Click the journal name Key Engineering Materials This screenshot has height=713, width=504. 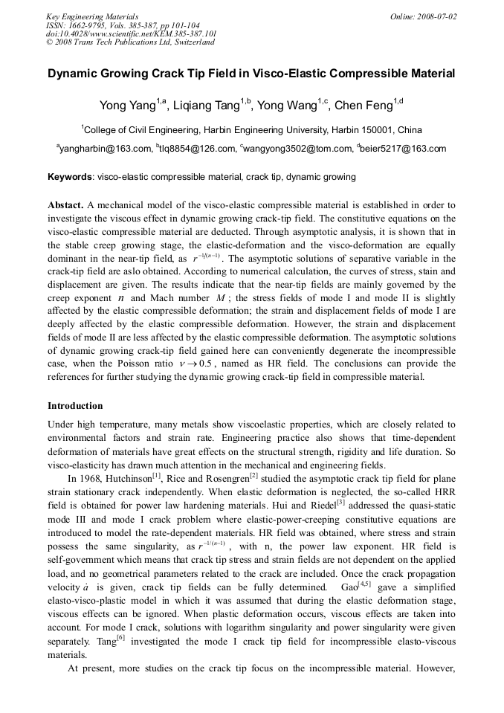pyautogui.click(x=92, y=16)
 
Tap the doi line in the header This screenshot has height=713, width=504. pyautogui.click(x=131, y=33)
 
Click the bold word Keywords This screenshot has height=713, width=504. pyautogui.click(x=70, y=178)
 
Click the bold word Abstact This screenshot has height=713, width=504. pyautogui.click(x=65, y=204)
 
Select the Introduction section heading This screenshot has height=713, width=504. pyautogui.click(x=75, y=406)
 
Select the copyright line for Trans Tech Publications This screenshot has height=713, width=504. pyautogui.click(x=130, y=42)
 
